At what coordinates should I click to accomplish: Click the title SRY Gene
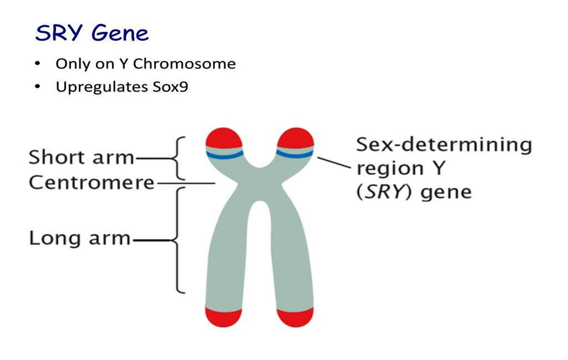(x=92, y=33)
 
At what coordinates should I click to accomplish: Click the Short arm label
(x=81, y=158)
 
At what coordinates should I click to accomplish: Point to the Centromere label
(x=92, y=183)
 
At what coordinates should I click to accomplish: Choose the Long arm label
(x=79, y=239)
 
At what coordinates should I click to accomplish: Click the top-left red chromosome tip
(x=224, y=139)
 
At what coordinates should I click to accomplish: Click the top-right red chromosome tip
(x=295, y=139)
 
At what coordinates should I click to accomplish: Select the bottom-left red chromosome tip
(x=224, y=316)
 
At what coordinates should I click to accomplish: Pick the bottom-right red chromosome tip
(x=295, y=316)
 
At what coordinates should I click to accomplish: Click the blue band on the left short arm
(x=224, y=155)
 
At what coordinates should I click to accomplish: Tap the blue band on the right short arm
(x=295, y=155)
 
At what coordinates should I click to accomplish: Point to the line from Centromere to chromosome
(x=187, y=183)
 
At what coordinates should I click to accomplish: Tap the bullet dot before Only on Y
(x=38, y=64)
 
